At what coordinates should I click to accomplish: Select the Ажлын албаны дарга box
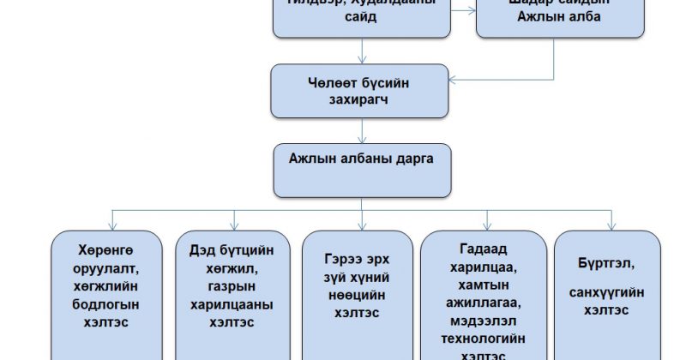tap(361, 169)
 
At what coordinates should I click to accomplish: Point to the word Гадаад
tap(484, 249)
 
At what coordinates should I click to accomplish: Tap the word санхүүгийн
tap(608, 293)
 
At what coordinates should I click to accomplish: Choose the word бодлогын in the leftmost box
tap(105, 304)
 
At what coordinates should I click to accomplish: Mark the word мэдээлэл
tap(484, 325)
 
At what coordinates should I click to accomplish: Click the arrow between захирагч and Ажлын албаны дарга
tap(361, 130)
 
